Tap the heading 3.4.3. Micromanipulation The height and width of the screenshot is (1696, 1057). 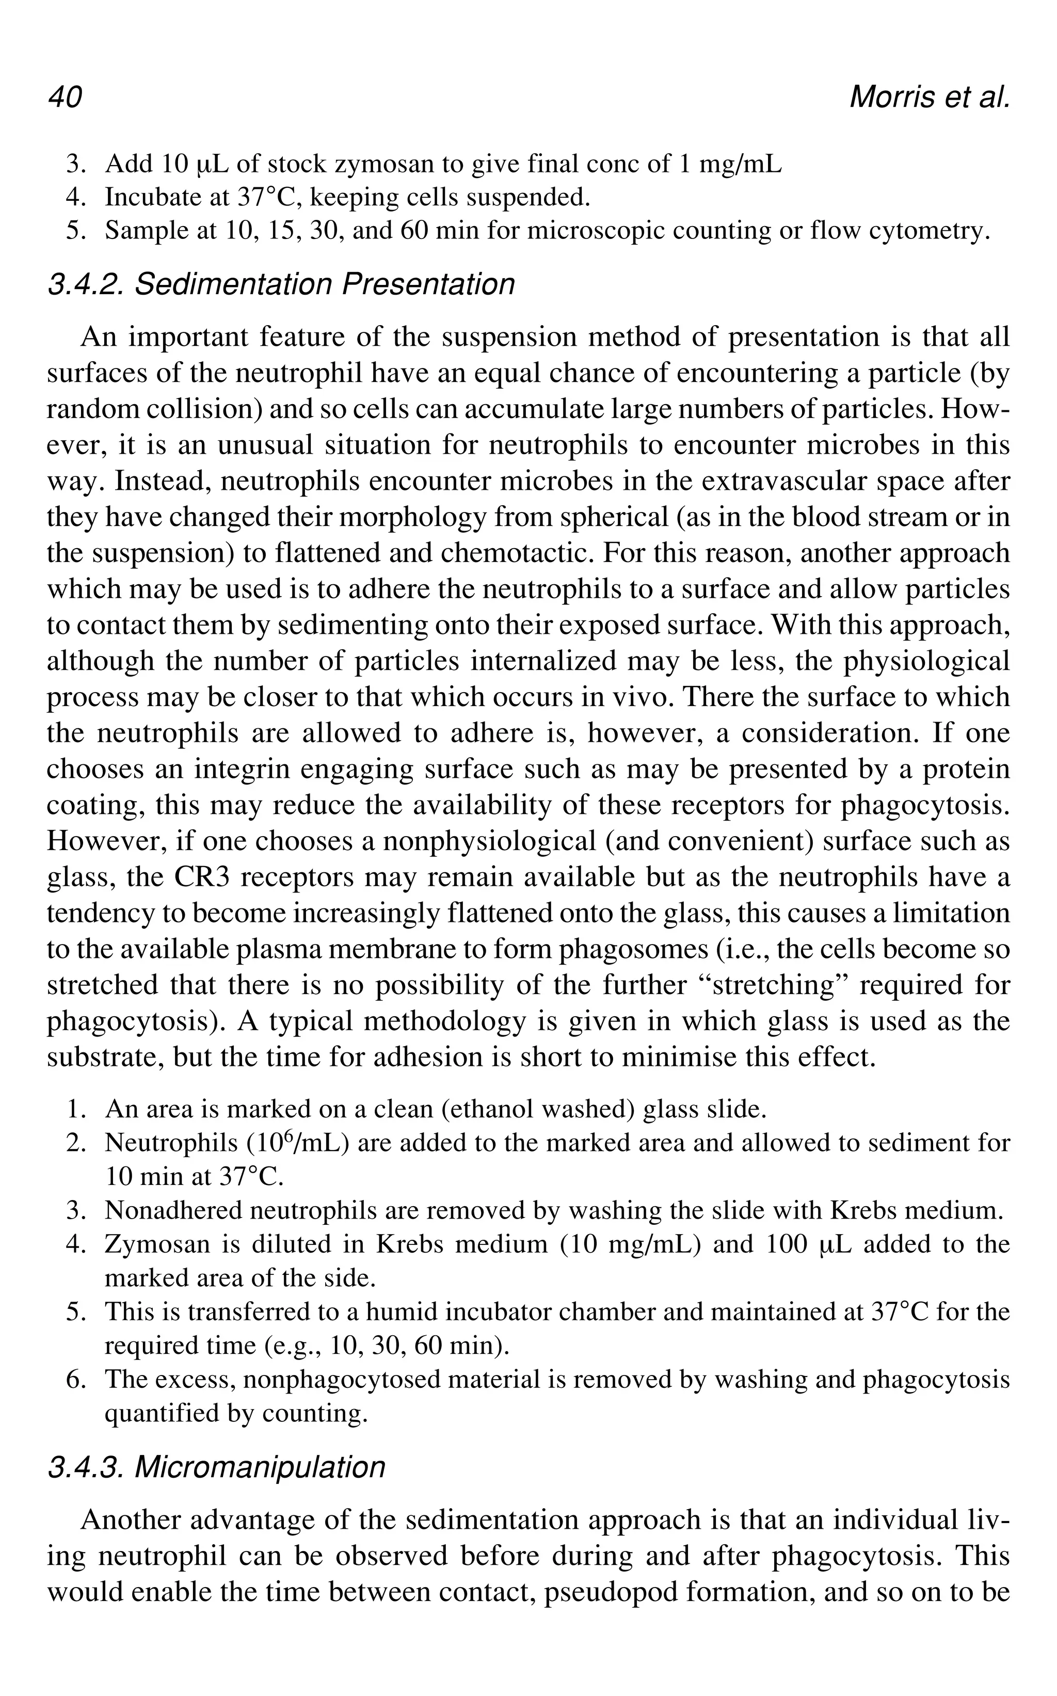pos(216,1467)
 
